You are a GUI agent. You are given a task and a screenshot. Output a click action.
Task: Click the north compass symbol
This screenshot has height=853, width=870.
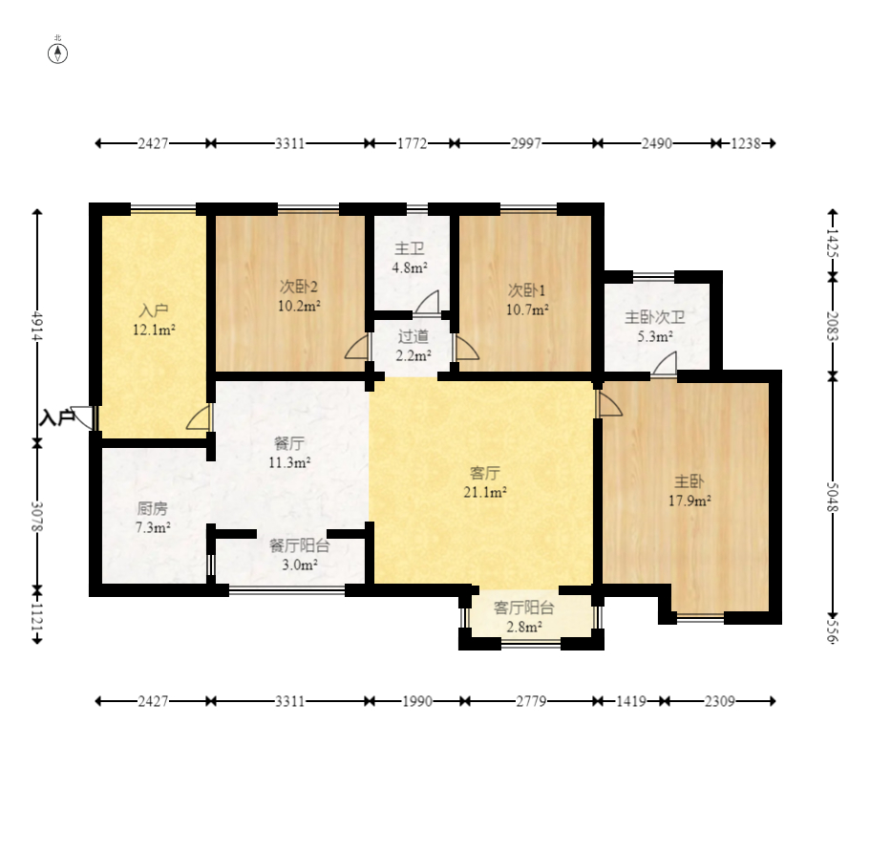(x=57, y=53)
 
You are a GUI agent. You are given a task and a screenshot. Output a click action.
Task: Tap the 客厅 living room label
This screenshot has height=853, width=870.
(x=485, y=474)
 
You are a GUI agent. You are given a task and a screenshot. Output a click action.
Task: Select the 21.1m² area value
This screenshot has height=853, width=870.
(x=485, y=492)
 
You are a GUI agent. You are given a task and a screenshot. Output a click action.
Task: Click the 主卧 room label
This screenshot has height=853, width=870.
(x=690, y=481)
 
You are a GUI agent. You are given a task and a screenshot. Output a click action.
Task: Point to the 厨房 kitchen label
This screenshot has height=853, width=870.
(x=152, y=508)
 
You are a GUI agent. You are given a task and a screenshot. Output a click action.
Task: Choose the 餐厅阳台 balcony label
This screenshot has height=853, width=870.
(x=300, y=546)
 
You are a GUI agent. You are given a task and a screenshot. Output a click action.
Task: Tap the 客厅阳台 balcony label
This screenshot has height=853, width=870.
(x=523, y=608)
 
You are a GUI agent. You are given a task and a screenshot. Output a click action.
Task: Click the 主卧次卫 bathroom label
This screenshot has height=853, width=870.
(x=655, y=317)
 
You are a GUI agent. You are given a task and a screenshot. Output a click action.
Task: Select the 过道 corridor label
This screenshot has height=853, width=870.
(x=413, y=336)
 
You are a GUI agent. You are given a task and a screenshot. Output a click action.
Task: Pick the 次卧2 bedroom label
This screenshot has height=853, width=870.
(x=299, y=287)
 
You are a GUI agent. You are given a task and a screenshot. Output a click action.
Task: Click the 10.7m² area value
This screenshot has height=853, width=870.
(x=527, y=309)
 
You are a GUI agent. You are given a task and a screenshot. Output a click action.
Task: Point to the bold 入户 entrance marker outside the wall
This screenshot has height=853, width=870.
(x=57, y=417)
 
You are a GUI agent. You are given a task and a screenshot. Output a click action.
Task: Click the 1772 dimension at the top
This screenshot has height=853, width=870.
(x=413, y=143)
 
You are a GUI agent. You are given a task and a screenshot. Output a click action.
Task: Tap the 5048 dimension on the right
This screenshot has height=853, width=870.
(x=832, y=496)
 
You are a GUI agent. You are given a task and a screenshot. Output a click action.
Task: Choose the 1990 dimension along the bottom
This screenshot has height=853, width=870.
(x=417, y=701)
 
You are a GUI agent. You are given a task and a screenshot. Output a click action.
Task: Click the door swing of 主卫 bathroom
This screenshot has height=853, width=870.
(x=427, y=302)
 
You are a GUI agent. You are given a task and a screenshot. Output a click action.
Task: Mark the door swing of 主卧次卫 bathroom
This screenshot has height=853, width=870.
(x=664, y=363)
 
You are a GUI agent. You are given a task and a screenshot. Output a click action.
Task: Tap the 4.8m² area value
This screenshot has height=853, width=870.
(x=410, y=268)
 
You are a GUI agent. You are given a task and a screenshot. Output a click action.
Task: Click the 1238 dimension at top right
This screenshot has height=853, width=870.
(x=746, y=143)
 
